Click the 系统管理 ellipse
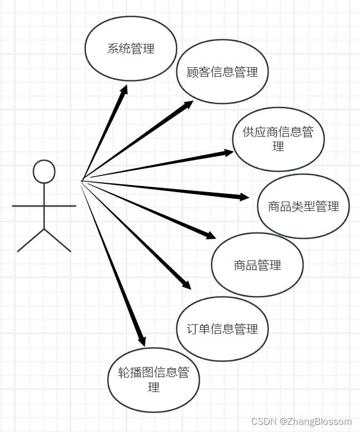tap(131, 48)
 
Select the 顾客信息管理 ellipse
tap(222, 72)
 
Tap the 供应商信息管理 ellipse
tap(278, 139)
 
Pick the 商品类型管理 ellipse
tap(303, 207)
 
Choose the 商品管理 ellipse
tap(257, 265)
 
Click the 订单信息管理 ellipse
tap(222, 329)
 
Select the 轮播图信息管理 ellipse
tap(154, 380)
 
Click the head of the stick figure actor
tap(44, 172)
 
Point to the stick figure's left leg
tap(31, 240)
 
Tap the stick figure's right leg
tap(58, 240)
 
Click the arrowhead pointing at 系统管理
tap(124, 90)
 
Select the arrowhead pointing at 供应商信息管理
tap(229, 152)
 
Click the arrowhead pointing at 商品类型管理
tap(245, 197)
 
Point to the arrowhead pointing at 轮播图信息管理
tap(142, 340)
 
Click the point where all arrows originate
tap(82, 180)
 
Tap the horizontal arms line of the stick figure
tap(44, 206)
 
